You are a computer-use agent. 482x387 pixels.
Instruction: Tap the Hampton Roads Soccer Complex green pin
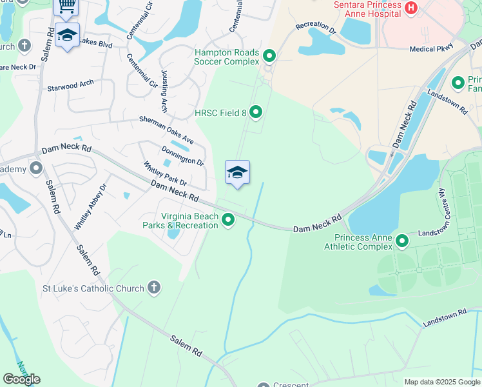pos(269,57)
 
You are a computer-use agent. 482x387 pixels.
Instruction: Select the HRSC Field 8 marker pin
pos(256,113)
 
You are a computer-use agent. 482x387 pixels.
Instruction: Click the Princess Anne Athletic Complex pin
pos(402,241)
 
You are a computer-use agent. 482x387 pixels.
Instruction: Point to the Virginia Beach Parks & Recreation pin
pos(228,221)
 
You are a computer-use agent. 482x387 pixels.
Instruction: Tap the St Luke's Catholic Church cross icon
pos(153,288)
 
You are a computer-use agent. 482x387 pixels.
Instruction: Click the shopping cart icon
pos(66,6)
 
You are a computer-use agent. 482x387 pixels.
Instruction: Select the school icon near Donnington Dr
pos(237,172)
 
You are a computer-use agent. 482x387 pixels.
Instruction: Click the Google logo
pos(21,379)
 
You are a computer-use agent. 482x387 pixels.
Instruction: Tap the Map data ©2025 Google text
pos(441,382)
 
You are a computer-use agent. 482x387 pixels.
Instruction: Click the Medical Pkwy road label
pos(431,48)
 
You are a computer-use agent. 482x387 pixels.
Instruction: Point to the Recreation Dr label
pos(316,28)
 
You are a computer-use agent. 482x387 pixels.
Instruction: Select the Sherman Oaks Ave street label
pos(168,130)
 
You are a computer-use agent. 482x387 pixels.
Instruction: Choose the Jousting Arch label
pos(163,92)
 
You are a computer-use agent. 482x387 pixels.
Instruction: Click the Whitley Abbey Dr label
pos(90,206)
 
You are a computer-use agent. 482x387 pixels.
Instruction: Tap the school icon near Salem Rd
pos(68,35)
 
